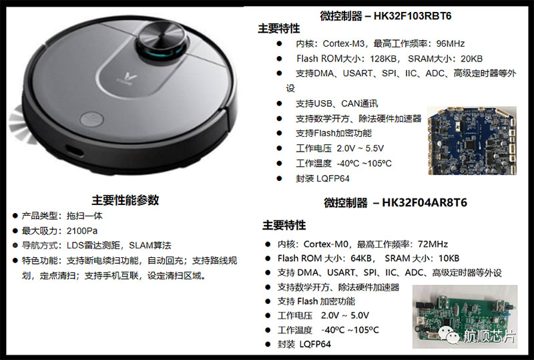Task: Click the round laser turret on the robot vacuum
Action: tap(162, 41)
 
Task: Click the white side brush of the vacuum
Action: tap(20, 124)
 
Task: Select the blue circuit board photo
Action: tap(473, 141)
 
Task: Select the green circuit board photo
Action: tap(465, 317)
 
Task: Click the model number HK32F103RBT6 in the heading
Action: tap(413, 16)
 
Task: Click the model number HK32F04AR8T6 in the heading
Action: tap(425, 202)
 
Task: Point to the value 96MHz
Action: tap(450, 43)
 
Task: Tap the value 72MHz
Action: tap(433, 244)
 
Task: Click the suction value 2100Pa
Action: tap(81, 231)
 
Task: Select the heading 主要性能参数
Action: tap(125, 200)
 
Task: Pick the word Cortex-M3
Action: tap(344, 43)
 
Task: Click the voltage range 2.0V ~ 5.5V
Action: tap(360, 148)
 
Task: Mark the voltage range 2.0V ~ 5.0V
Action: tap(344, 315)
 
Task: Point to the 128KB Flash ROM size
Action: tap(383, 59)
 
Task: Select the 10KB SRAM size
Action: tap(449, 258)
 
